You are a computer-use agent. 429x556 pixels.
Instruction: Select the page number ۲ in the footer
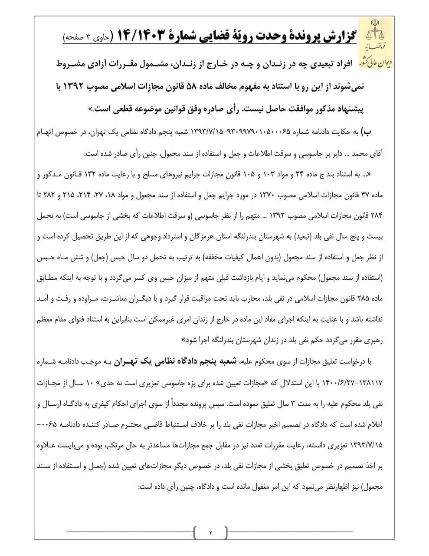point(210,532)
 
